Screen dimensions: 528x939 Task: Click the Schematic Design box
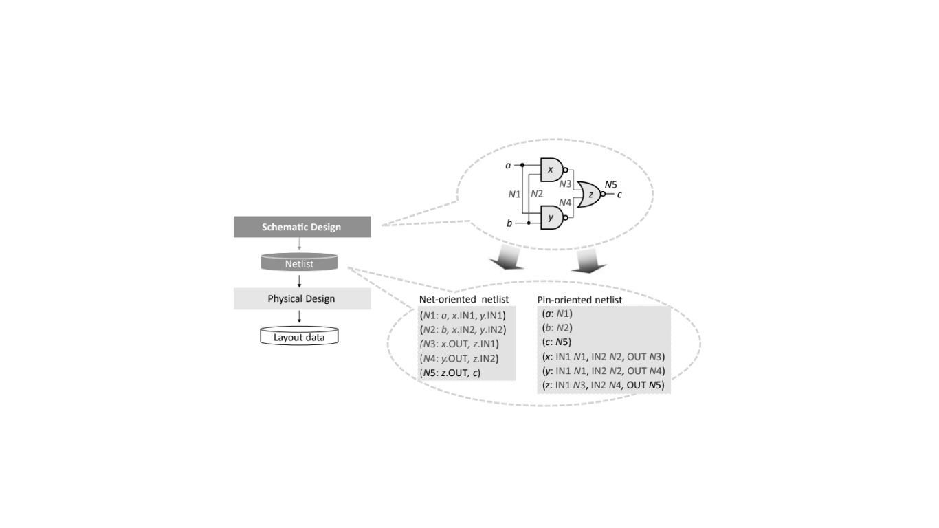(x=302, y=227)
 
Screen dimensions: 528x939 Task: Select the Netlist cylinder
(x=300, y=263)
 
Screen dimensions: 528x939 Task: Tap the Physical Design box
(x=302, y=299)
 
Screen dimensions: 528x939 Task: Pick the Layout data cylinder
(x=300, y=336)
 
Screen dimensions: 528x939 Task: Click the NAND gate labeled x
(x=552, y=169)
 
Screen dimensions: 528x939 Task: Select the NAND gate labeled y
(x=552, y=217)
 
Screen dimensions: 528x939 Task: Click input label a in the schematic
(x=508, y=165)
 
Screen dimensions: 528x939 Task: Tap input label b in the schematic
(x=509, y=223)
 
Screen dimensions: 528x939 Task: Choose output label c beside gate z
(x=619, y=195)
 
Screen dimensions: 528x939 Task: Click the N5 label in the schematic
(x=610, y=184)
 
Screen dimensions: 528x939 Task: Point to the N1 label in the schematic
(x=514, y=195)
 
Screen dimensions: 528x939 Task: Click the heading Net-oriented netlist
(x=463, y=300)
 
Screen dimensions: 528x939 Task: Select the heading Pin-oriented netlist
(x=579, y=300)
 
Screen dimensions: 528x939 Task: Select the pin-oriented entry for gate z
(x=603, y=386)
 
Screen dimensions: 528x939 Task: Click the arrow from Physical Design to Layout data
(x=300, y=317)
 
